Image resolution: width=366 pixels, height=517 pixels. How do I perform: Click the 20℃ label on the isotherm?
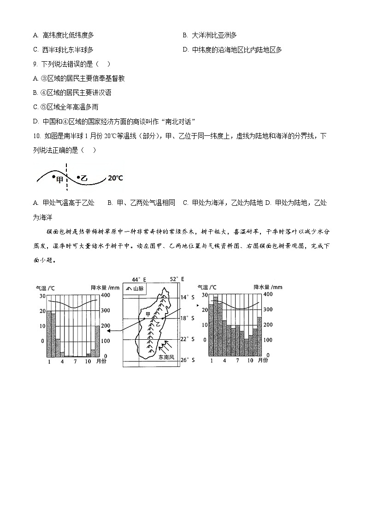(x=115, y=178)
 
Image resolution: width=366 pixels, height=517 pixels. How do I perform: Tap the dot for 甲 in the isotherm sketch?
(x=54, y=176)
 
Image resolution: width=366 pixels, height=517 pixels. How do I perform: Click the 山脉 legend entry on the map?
(x=134, y=289)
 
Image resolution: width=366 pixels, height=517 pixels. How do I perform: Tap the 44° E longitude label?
(x=138, y=279)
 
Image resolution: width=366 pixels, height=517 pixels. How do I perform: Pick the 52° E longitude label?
(x=177, y=279)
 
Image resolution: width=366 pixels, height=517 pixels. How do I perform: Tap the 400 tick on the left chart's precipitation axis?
(x=105, y=295)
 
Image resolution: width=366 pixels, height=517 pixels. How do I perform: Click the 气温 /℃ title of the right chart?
(x=207, y=287)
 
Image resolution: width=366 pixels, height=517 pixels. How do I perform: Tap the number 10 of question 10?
(x=37, y=136)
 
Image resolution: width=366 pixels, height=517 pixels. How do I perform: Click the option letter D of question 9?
(x=35, y=122)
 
